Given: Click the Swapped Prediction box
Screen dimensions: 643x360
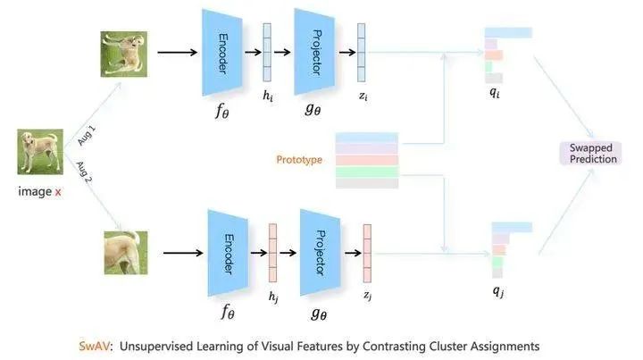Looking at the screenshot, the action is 590,154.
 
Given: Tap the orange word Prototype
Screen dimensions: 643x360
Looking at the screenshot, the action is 299,160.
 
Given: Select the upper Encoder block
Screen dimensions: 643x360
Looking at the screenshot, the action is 221,53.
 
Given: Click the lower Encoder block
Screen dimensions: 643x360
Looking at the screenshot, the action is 228,253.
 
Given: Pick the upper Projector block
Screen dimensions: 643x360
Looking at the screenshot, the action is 314,52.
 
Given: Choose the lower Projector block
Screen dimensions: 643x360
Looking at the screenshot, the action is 321,252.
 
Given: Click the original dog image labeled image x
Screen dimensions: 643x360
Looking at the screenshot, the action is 40,152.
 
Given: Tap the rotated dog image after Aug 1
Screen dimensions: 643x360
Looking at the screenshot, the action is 124,54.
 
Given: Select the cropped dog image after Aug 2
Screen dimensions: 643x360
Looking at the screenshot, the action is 126,253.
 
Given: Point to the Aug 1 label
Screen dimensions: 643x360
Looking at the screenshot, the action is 87,136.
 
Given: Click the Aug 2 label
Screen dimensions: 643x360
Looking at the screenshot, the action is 85,172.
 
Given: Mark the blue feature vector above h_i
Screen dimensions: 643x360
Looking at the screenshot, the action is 267,53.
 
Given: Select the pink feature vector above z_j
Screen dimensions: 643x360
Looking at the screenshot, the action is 367,254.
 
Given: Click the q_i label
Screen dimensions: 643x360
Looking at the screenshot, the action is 495,92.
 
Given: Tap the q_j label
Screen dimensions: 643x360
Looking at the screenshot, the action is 497,290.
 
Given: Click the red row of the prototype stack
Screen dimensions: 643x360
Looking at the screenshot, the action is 367,160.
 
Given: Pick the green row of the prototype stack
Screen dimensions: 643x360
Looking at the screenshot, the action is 367,172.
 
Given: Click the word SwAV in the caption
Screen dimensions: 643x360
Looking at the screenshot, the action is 95,346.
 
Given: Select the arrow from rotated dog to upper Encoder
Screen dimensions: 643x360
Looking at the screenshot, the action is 177,53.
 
